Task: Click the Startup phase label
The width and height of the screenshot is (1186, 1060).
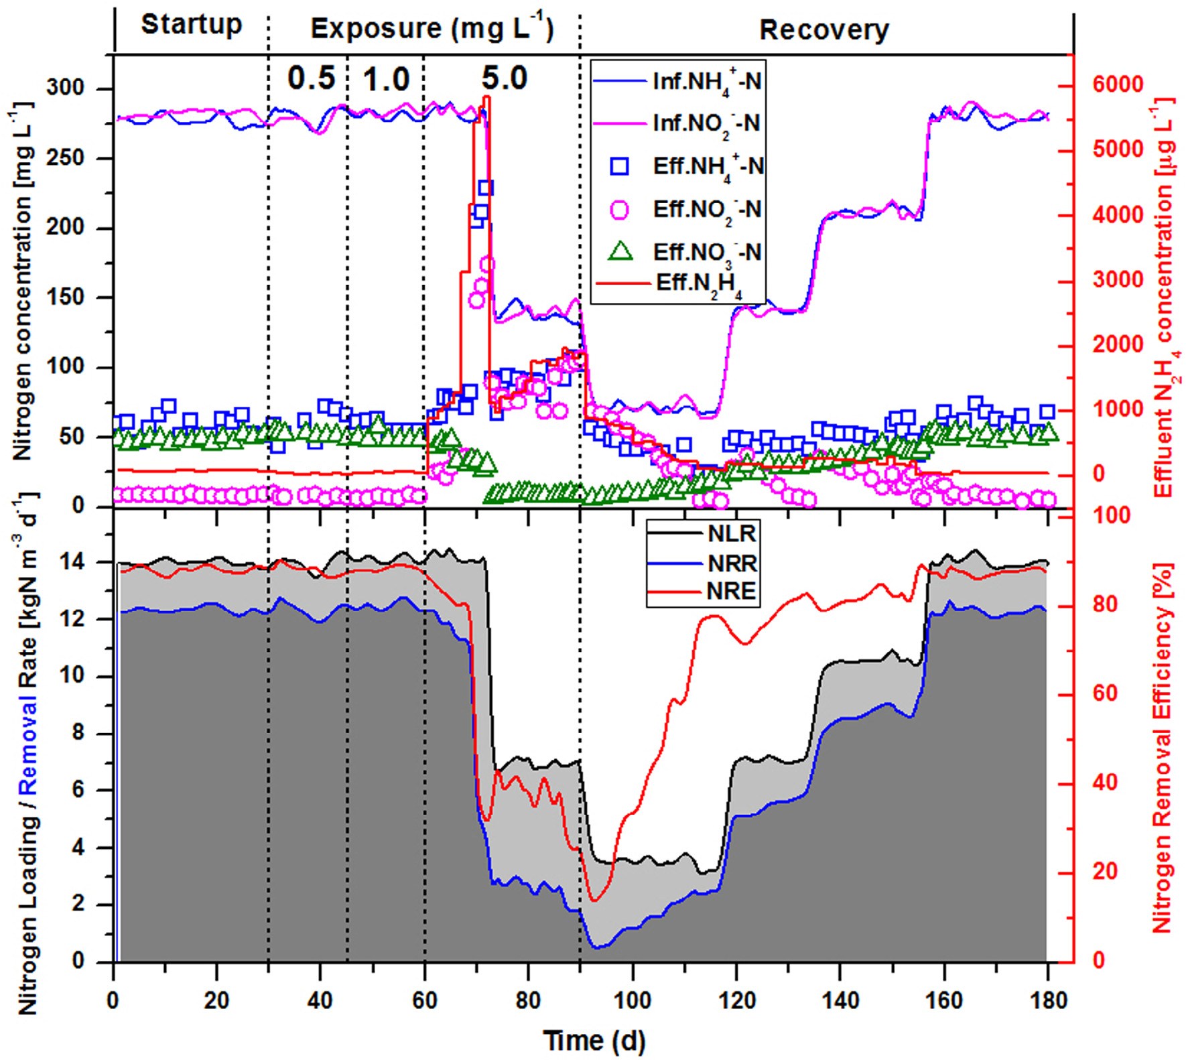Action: point(191,25)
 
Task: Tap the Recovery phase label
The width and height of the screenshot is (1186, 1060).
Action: point(823,31)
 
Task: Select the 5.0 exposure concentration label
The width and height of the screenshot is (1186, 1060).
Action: point(505,78)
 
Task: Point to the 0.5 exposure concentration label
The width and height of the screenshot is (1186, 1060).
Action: point(311,78)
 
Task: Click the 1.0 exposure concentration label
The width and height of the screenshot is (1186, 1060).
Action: point(386,80)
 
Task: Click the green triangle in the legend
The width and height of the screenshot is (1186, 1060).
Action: point(620,251)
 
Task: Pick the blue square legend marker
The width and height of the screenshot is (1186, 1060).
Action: point(620,166)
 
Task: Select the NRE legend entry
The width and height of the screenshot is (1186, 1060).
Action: point(731,591)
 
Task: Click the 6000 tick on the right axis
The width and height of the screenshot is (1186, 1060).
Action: point(1118,85)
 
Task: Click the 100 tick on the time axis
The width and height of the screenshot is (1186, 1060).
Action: point(632,1001)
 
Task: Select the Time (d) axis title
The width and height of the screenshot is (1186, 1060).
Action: point(594,1041)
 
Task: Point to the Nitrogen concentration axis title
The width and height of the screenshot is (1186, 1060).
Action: point(23,281)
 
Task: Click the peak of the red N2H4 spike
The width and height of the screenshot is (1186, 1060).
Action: point(486,98)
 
